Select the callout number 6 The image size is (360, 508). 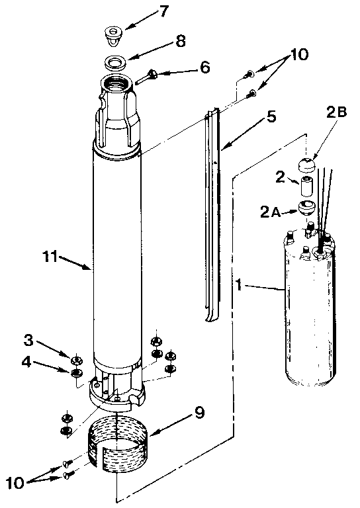coord(205,67)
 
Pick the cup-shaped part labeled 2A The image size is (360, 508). coord(307,207)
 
